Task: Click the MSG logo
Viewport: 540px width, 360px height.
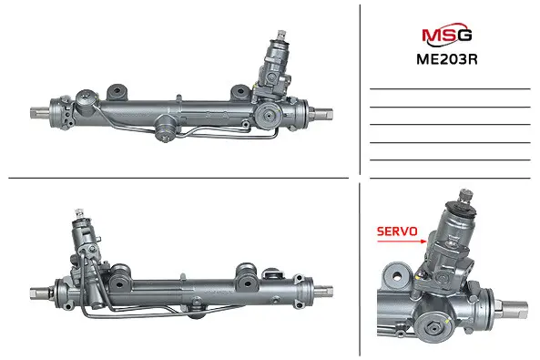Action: (x=447, y=35)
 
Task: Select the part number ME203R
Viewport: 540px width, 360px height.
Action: (x=447, y=59)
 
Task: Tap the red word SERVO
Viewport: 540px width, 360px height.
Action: (x=397, y=231)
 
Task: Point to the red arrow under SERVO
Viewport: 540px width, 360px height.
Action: (x=402, y=241)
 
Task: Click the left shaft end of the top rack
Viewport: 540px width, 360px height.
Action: (x=39, y=113)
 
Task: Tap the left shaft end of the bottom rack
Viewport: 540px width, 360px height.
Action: (x=39, y=293)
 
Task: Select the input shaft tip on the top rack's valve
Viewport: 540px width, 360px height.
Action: (x=281, y=35)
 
